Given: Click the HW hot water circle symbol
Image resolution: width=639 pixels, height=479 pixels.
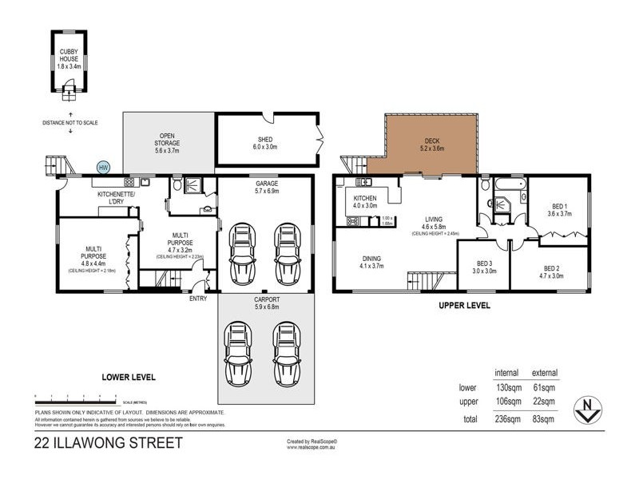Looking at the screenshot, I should pos(103,168).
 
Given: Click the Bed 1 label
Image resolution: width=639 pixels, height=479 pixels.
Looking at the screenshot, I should pos(556,209).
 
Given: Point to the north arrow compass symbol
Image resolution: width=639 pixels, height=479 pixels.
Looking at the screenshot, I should pos(589,410).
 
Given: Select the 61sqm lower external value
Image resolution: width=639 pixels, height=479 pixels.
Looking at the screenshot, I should pos(545,387).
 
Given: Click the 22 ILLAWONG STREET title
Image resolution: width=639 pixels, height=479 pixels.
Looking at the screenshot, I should pos(108,442).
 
